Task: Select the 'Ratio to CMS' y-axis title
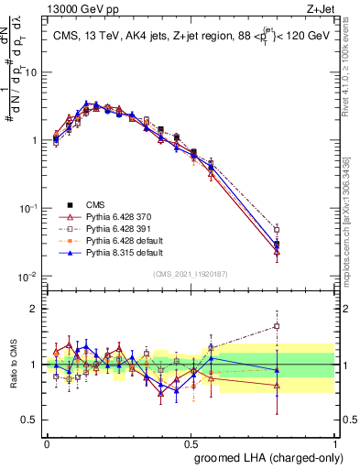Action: tap(14, 365)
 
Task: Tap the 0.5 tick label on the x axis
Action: tap(191, 441)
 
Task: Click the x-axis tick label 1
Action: tap(334, 441)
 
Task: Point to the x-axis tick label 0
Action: tap(47, 441)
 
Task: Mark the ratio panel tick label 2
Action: tap(35, 310)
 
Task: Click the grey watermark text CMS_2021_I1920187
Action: tap(191, 274)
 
